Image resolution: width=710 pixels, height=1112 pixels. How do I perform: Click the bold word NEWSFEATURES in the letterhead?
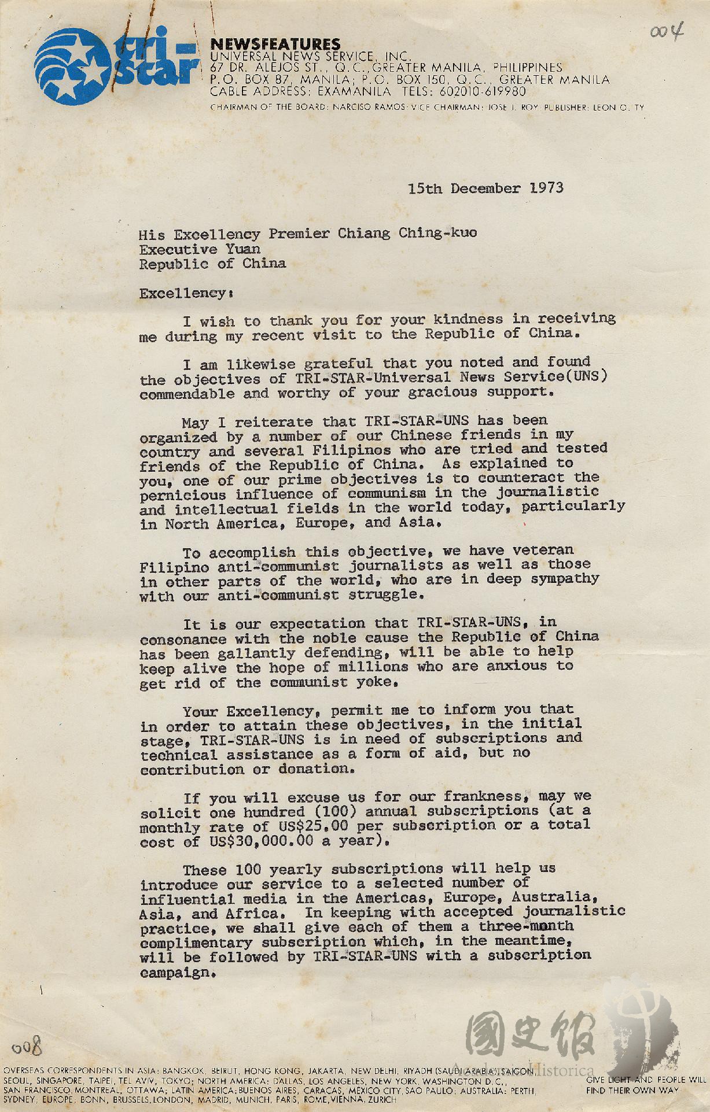point(275,44)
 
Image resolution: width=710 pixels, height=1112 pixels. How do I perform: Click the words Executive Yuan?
point(200,249)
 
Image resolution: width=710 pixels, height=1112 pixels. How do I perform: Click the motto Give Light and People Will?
point(645,1080)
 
